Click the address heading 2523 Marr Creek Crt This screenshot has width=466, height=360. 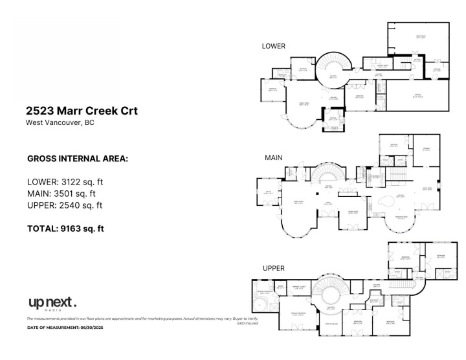tap(82, 111)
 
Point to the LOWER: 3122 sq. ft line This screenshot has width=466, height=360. tap(65, 181)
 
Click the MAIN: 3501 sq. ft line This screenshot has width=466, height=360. tap(61, 193)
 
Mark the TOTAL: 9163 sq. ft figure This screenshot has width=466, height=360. tap(65, 228)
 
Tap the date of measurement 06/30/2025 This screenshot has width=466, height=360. tap(65, 328)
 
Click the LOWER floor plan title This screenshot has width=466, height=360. tap(273, 46)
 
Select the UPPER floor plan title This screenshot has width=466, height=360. tap(273, 267)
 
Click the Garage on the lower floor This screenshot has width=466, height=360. tap(418, 97)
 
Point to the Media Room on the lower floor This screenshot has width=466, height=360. tap(420, 39)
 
